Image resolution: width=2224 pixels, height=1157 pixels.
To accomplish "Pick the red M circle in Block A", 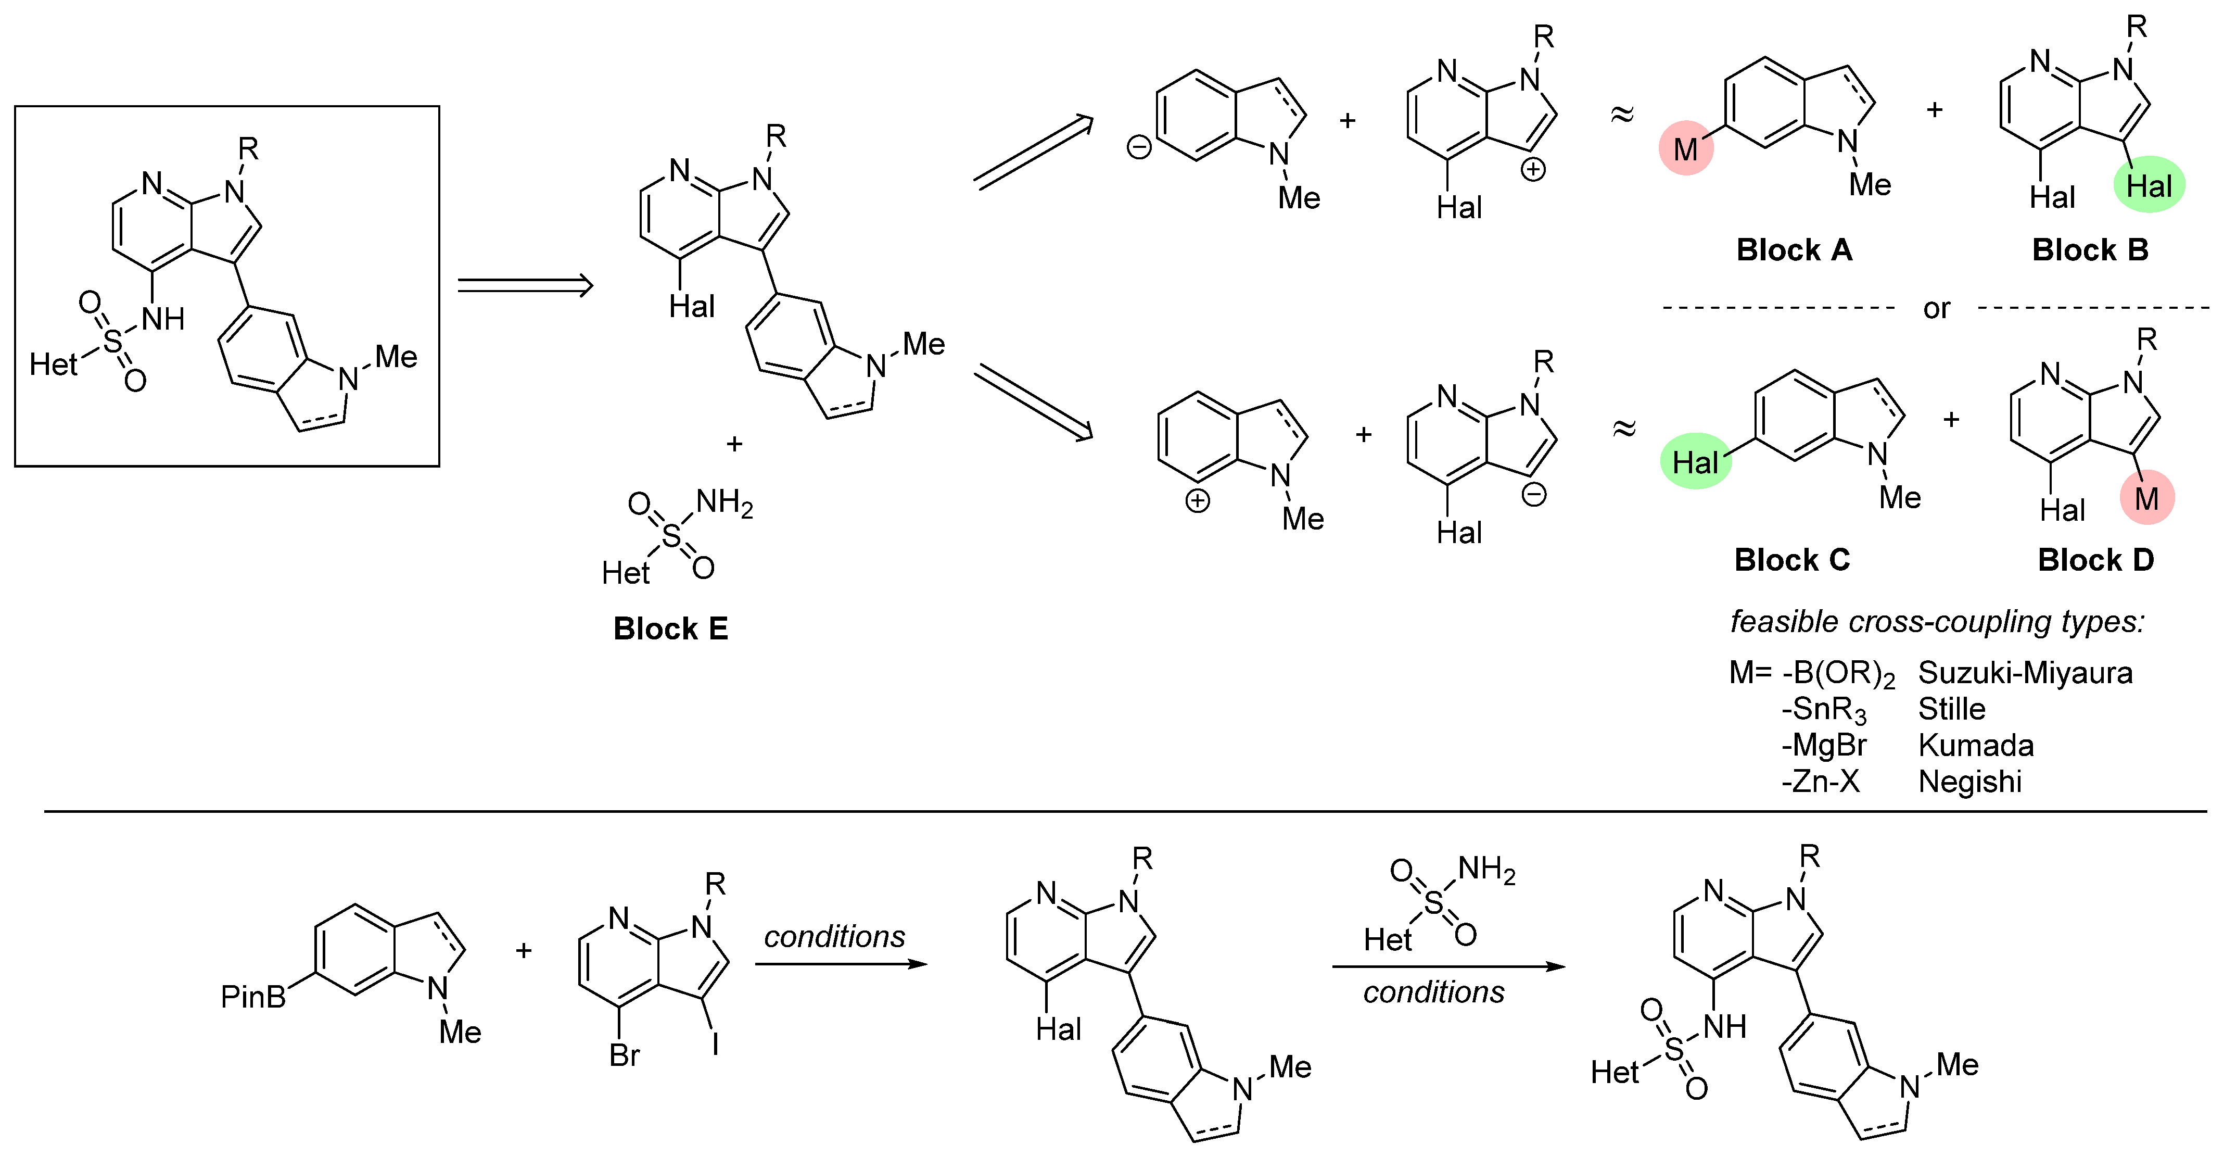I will tap(1685, 148).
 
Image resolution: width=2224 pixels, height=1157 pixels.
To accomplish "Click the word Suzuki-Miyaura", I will tap(2025, 673).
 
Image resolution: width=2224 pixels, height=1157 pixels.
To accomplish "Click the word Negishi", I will tap(1969, 782).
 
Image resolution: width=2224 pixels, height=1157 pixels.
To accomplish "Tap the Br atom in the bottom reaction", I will tap(624, 1055).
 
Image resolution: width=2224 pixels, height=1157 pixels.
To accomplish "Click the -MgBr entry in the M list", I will tap(1823, 745).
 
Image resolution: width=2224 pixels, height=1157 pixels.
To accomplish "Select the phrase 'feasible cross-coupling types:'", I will tap(1937, 622).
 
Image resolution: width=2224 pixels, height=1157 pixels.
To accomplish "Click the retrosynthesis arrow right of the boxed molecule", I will tap(525, 286).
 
